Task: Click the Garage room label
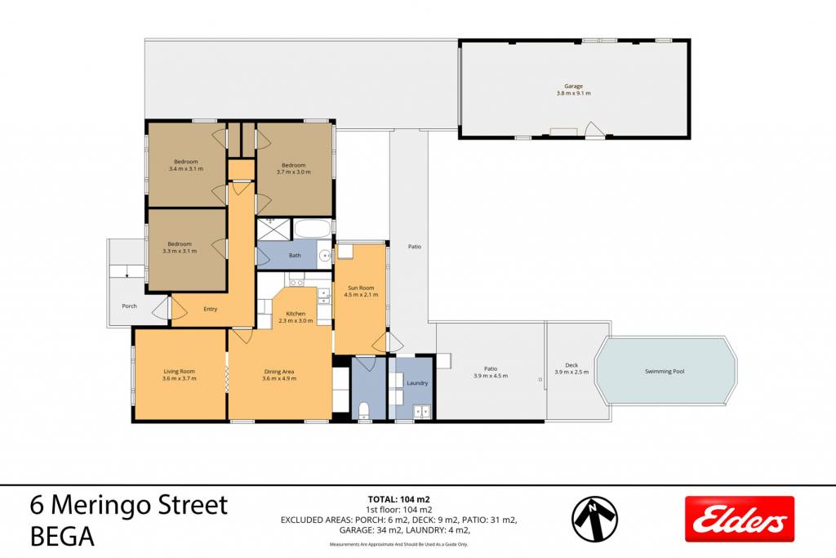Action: (x=574, y=86)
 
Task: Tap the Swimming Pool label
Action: (x=665, y=371)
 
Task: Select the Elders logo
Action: (x=740, y=519)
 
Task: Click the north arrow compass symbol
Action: (x=595, y=518)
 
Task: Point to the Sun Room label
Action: (x=361, y=288)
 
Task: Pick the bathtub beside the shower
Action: (x=313, y=229)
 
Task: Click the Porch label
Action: (x=129, y=306)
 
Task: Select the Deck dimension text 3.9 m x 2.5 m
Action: (x=571, y=372)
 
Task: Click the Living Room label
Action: (x=179, y=371)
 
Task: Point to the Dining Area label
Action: (x=279, y=372)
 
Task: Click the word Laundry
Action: (x=417, y=383)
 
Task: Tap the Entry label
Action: (x=210, y=309)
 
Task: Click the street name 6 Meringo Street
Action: (x=129, y=504)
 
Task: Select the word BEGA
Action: (x=62, y=536)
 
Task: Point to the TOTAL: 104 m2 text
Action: (x=398, y=500)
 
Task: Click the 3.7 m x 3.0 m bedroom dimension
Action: (x=293, y=172)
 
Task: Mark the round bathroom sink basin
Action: (x=324, y=257)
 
